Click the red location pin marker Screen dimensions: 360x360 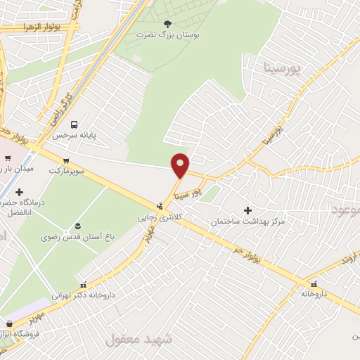[181, 165]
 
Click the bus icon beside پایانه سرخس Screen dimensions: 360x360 [74, 124]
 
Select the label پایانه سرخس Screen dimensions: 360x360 [96, 134]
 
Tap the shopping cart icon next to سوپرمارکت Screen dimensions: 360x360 [66, 160]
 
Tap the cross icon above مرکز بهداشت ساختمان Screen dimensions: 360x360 [247, 210]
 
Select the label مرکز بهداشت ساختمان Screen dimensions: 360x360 [247, 221]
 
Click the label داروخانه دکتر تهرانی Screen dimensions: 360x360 [84, 296]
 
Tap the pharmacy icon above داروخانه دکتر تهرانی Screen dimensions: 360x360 [84, 285]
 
